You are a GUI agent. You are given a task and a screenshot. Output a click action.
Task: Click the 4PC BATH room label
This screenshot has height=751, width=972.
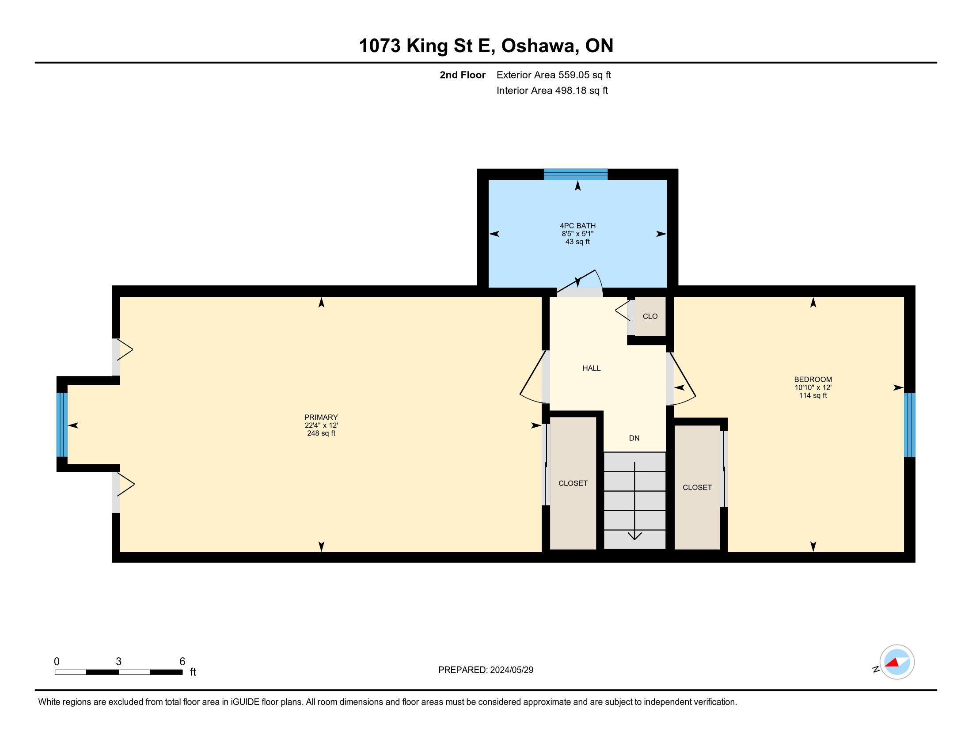point(578,226)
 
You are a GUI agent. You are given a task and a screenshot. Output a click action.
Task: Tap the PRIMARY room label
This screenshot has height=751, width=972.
point(321,417)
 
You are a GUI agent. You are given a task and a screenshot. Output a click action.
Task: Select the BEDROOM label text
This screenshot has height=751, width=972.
point(813,379)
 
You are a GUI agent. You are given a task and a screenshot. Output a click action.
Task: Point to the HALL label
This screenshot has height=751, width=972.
point(592,368)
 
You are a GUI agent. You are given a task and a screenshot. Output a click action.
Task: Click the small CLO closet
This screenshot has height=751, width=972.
point(650,316)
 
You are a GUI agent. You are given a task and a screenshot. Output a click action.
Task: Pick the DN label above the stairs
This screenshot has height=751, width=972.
point(634,438)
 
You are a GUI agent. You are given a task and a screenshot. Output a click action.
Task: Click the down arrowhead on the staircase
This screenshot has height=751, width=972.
point(634,536)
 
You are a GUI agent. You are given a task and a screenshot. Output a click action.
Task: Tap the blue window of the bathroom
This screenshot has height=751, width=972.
point(575,174)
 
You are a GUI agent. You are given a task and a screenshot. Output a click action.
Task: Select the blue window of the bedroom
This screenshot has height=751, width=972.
point(910,425)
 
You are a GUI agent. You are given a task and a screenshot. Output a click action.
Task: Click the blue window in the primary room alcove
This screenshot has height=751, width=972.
point(62,425)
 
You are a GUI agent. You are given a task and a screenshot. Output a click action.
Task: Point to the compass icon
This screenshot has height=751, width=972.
point(897,662)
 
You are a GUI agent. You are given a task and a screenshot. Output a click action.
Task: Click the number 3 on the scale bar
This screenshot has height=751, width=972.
point(118,662)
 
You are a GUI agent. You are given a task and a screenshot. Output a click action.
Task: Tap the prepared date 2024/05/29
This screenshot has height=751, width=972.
point(511,670)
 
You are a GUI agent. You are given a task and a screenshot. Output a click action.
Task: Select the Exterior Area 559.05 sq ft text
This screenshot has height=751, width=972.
point(554,75)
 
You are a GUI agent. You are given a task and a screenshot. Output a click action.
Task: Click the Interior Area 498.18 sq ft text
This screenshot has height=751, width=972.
point(552,91)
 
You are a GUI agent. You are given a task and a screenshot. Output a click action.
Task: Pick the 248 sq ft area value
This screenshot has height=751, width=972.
point(321,433)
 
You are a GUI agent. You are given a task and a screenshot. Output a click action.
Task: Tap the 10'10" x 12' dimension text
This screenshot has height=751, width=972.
point(813,387)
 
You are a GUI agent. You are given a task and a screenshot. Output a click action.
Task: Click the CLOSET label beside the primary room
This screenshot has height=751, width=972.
point(573,483)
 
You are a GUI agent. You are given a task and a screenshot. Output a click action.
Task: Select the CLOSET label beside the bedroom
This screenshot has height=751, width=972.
point(697,488)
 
